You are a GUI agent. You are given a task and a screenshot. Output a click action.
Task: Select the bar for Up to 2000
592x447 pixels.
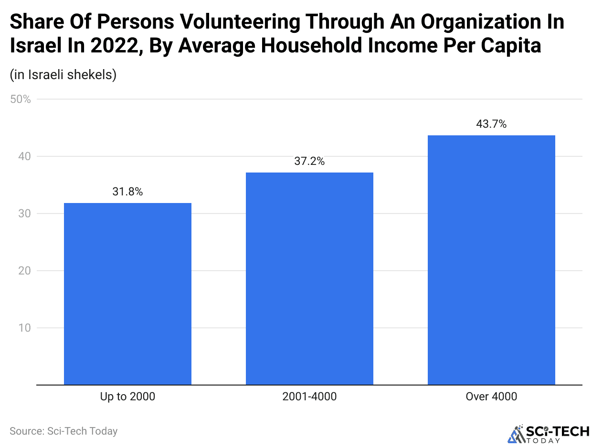127,294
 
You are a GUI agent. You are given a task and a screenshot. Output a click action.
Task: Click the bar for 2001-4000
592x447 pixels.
309,278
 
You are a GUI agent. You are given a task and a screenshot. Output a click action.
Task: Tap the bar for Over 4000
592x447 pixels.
491,260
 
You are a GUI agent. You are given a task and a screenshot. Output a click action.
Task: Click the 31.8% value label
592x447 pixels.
127,192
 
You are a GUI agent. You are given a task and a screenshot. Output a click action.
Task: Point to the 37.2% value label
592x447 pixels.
309,162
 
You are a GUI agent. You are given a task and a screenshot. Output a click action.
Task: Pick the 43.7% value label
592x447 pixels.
491,124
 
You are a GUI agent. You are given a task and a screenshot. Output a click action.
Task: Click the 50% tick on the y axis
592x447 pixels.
21,100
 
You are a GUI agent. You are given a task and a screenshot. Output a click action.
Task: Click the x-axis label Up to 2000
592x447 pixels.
127,396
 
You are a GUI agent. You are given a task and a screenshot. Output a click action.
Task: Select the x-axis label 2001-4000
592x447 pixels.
309,396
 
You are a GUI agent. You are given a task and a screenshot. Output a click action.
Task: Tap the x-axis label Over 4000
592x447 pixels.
491,396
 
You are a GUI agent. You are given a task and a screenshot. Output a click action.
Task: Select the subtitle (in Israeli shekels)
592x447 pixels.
63,75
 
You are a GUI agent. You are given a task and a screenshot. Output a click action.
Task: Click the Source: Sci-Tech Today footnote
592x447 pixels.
63,431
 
